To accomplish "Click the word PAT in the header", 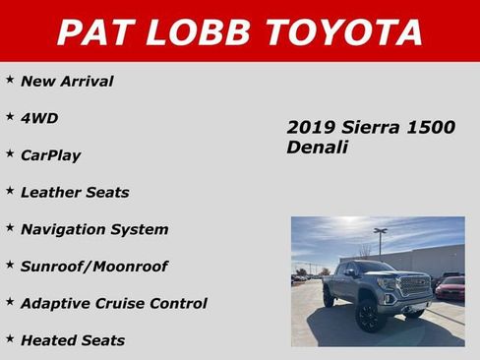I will pyautogui.click(x=93, y=31).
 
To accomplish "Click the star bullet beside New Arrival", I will pyautogui.click(x=10, y=79).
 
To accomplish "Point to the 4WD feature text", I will pyautogui.click(x=39, y=118).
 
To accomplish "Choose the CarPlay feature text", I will pyautogui.click(x=50, y=155).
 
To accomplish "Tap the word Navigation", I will pyautogui.click(x=63, y=229).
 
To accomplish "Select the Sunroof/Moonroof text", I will pyautogui.click(x=94, y=267).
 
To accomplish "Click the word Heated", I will pyautogui.click(x=48, y=340).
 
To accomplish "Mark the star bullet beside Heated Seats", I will pyautogui.click(x=10, y=338).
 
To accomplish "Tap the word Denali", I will pyautogui.click(x=317, y=147).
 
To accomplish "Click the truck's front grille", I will pyautogui.click(x=412, y=286).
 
